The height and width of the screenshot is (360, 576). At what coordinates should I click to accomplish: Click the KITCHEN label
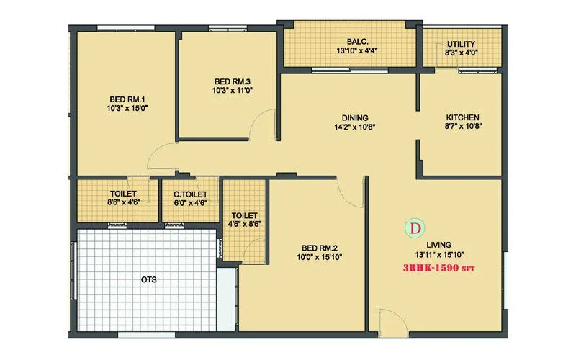[x=462, y=117]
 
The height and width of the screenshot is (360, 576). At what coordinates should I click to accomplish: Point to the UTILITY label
[x=461, y=44]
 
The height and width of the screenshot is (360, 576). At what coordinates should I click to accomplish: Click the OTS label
[x=149, y=279]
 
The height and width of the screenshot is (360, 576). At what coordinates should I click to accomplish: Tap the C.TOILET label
[x=191, y=194]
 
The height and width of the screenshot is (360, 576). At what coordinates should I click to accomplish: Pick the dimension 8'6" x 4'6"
[x=123, y=203]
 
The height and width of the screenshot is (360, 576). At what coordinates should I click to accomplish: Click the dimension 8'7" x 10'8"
[x=462, y=127]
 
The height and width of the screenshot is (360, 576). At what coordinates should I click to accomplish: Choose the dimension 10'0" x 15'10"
[x=314, y=256]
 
